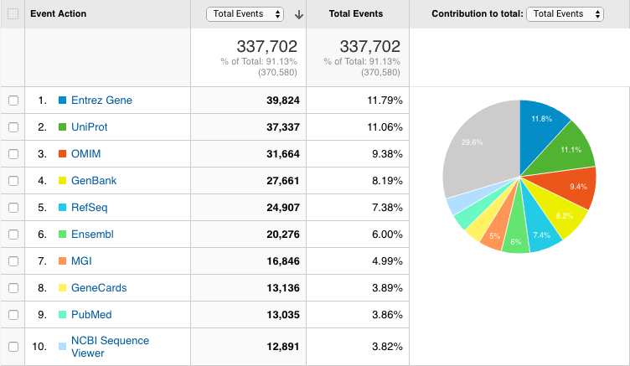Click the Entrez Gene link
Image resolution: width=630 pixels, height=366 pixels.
pos(101,101)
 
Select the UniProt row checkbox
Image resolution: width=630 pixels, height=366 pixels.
pos(13,127)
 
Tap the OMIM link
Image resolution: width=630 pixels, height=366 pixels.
pos(85,154)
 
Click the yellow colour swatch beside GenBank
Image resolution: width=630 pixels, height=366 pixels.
pos(62,181)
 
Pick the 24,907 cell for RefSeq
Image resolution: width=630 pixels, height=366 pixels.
pos(276,208)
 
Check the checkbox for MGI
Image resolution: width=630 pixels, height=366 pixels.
pos(13,261)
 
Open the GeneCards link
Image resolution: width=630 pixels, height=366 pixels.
pos(99,288)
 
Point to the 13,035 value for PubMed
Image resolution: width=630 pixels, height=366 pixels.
pos(276,315)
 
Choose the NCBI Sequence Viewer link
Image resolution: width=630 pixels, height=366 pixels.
pos(110,346)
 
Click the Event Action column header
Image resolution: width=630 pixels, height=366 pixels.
pos(59,14)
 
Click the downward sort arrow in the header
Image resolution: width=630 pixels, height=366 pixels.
pos(299,14)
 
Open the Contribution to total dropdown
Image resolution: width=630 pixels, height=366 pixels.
pos(565,14)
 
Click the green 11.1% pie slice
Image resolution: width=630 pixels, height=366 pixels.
pos(570,147)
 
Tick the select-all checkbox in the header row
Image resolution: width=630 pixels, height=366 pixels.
pos(13,14)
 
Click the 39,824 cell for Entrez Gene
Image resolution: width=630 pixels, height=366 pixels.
pos(276,101)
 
